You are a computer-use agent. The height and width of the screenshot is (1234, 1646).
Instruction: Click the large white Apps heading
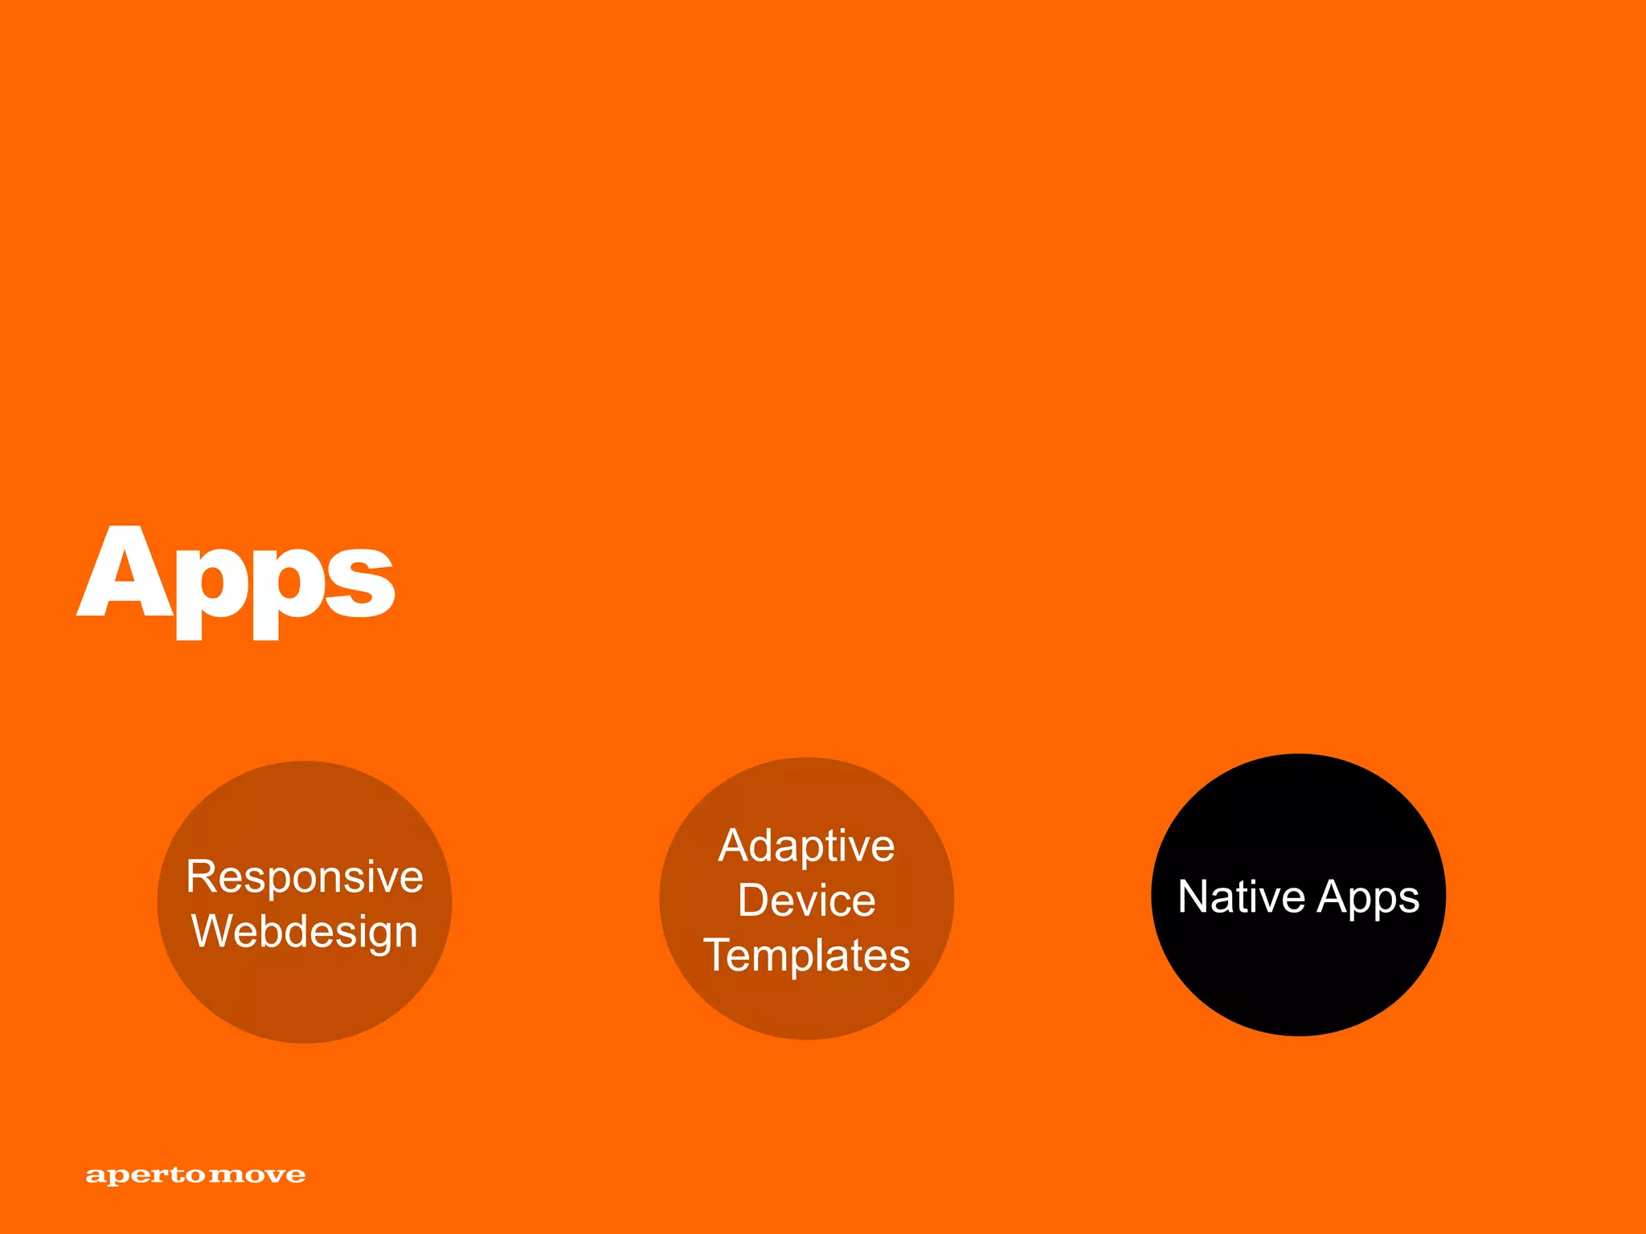(x=235, y=580)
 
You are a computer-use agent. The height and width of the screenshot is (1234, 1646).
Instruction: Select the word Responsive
(x=305, y=876)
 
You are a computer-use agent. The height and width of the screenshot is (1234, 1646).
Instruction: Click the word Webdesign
(x=305, y=932)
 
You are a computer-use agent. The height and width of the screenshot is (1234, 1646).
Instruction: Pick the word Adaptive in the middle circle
(x=806, y=846)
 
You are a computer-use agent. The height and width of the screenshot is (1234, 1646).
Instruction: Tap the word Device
(x=806, y=900)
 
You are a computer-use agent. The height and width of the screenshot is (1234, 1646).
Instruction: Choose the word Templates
(x=806, y=955)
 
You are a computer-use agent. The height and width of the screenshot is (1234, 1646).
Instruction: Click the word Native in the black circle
(x=1242, y=897)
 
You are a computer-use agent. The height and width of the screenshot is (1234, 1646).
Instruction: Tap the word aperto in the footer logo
(x=145, y=1176)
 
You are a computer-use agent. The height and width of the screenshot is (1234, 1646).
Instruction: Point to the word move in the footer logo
(x=257, y=1176)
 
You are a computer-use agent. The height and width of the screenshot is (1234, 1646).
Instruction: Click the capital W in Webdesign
(x=212, y=931)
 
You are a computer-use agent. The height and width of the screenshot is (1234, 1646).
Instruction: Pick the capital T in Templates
(x=719, y=954)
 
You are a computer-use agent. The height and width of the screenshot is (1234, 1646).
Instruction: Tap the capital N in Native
(x=1194, y=897)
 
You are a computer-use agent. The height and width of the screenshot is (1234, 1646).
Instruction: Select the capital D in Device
(x=754, y=900)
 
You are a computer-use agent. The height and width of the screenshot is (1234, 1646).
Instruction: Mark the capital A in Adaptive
(x=735, y=846)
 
